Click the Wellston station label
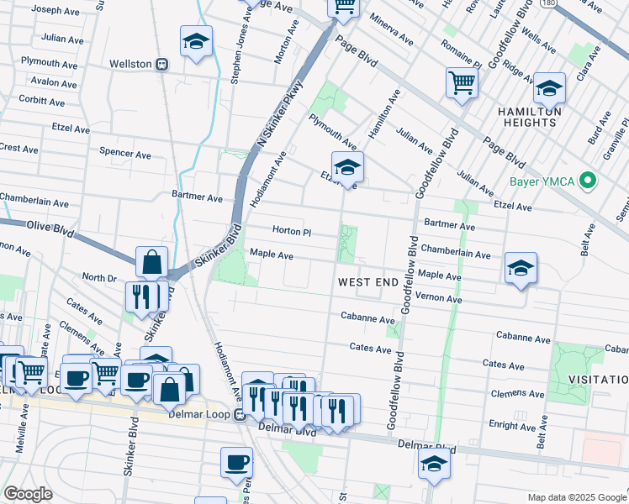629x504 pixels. (x=130, y=64)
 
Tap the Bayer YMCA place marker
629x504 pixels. (x=588, y=181)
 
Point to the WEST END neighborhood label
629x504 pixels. (x=367, y=283)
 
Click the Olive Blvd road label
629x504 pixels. (x=50, y=226)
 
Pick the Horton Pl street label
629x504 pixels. (x=292, y=231)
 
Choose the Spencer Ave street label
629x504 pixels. (x=125, y=155)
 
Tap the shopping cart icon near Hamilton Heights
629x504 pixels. (x=462, y=83)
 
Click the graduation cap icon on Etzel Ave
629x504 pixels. (x=346, y=167)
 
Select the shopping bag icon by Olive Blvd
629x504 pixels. (x=151, y=262)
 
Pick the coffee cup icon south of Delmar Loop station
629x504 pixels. (x=236, y=461)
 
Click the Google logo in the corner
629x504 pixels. (x=28, y=494)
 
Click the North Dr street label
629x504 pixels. (x=98, y=278)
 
